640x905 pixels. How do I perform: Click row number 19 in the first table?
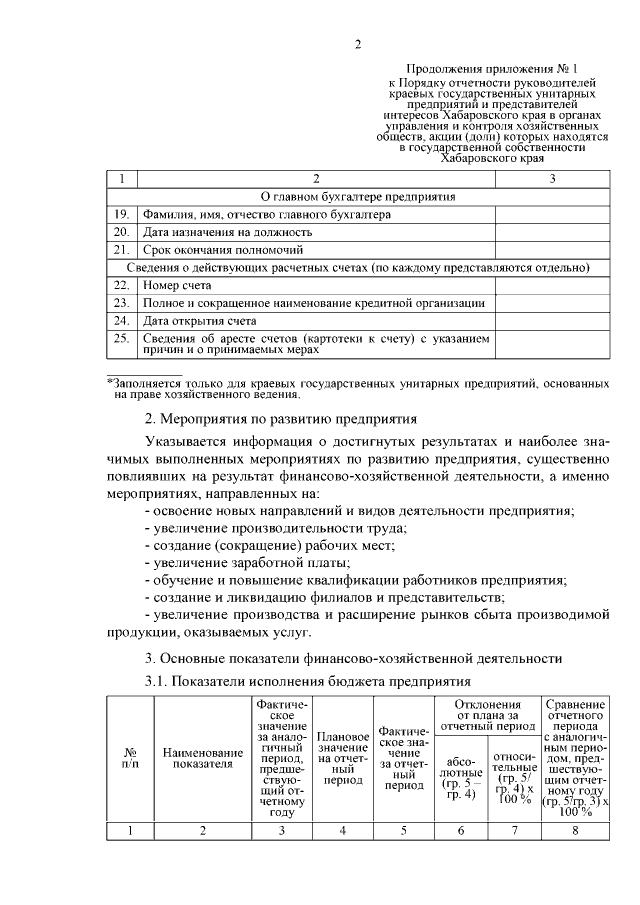coord(121,214)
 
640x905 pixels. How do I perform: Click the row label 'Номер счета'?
coord(177,285)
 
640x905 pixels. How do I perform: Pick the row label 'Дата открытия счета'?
coord(200,321)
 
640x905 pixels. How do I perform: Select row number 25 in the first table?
coord(121,339)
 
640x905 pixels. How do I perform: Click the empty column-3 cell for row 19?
coord(553,214)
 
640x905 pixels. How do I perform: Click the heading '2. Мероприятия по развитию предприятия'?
coord(281,418)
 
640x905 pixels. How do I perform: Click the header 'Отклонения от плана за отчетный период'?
coord(488,714)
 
